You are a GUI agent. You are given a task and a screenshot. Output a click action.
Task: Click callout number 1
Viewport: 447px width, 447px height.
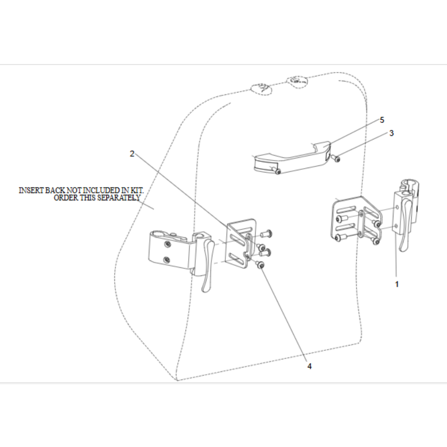(x=396, y=284)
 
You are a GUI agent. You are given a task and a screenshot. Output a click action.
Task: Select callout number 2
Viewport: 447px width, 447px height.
(x=132, y=153)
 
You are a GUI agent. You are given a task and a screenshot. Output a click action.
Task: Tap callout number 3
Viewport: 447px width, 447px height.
(x=391, y=133)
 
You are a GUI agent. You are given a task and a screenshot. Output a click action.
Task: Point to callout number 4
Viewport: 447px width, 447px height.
(x=309, y=366)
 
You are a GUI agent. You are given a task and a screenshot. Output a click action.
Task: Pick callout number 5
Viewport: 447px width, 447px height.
(x=382, y=120)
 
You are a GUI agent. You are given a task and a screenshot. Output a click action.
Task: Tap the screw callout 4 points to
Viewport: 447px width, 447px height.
(x=261, y=266)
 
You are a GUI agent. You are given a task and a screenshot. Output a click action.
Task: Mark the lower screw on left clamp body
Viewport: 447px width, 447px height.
(x=167, y=259)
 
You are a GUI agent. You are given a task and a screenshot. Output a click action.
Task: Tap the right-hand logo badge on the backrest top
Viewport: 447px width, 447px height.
(x=296, y=81)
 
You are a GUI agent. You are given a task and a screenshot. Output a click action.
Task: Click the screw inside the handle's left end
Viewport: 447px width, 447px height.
(x=278, y=171)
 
